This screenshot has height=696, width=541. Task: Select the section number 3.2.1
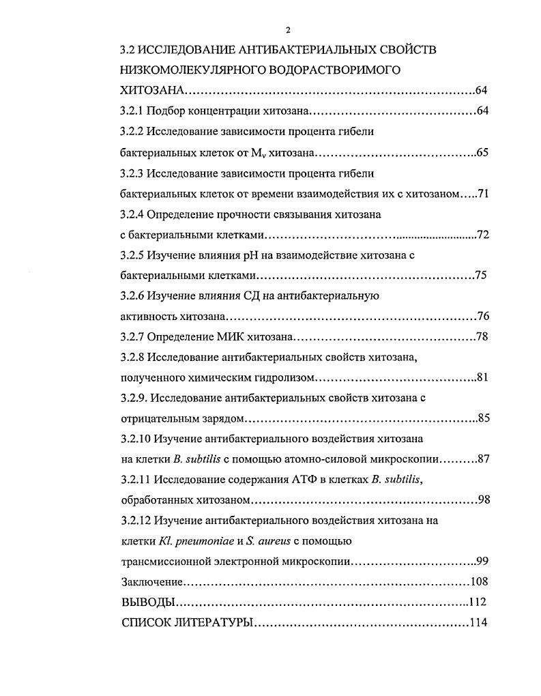[132, 111]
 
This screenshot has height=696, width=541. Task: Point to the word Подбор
[165, 111]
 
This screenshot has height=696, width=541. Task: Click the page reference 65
[482, 153]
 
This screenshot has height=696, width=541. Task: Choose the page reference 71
[483, 194]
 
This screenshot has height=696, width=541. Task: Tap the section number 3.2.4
[132, 214]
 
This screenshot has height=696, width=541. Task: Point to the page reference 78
[482, 337]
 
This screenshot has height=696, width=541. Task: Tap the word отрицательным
[155, 418]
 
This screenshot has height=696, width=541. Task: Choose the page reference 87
[483, 459]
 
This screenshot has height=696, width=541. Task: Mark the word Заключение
[151, 582]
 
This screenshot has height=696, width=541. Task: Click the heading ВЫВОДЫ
[145, 603]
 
